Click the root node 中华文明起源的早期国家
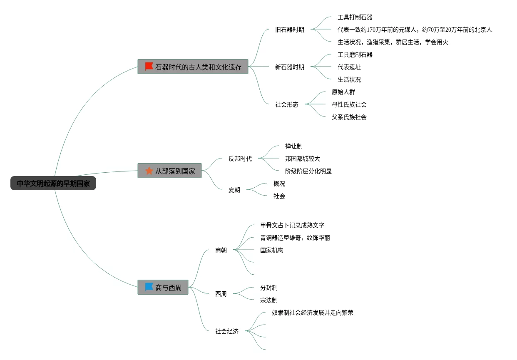(53, 184)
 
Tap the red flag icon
(149, 67)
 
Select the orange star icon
(149, 171)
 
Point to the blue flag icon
(149, 287)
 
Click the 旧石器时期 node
(290, 30)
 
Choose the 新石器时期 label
(290, 67)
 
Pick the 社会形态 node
(287, 104)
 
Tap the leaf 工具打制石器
(355, 17)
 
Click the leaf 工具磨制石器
(355, 55)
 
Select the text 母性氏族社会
(349, 104)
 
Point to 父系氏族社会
(349, 117)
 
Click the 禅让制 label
(294, 146)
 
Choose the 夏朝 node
(234, 190)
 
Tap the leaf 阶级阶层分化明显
(308, 171)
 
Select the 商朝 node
(221, 250)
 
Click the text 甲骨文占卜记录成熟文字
(292, 225)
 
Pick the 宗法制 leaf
(269, 300)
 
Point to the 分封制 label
(269, 288)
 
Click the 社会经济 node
(226, 331)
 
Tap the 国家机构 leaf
(272, 250)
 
